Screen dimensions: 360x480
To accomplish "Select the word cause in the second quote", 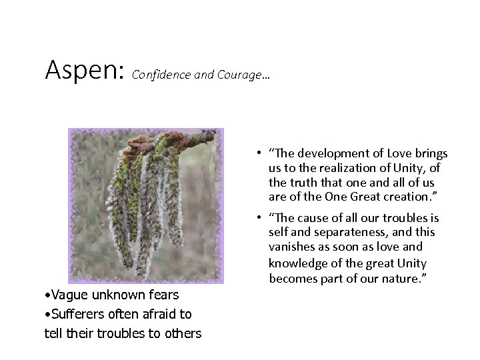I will (315, 218).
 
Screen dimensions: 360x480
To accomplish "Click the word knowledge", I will (298, 262).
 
